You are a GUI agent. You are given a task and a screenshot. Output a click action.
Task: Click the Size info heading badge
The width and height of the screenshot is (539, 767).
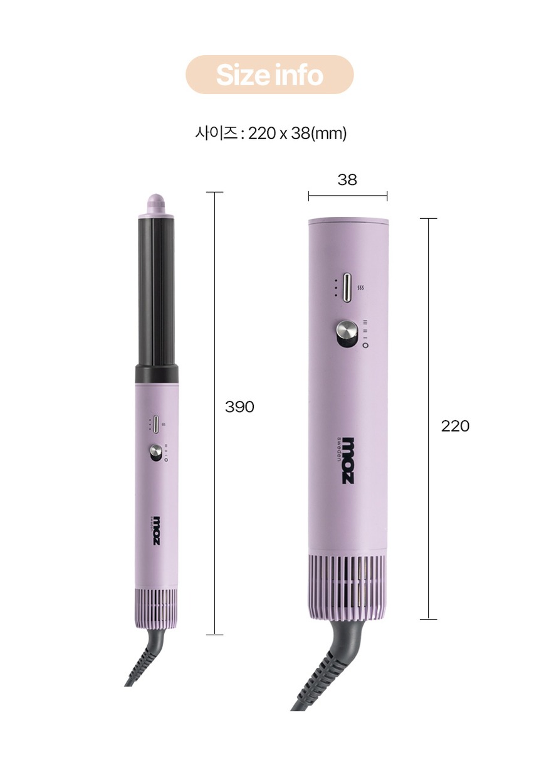point(269,74)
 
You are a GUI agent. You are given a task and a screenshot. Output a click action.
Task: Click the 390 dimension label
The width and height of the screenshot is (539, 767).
point(239,407)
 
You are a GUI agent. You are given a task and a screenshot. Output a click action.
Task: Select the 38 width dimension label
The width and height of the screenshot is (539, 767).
point(347,179)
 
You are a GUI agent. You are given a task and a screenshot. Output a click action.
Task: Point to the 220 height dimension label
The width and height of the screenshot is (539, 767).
point(455,426)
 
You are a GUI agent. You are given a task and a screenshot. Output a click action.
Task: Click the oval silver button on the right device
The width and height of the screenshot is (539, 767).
point(348,287)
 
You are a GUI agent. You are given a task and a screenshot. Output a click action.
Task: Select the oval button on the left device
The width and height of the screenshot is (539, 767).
point(156,425)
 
